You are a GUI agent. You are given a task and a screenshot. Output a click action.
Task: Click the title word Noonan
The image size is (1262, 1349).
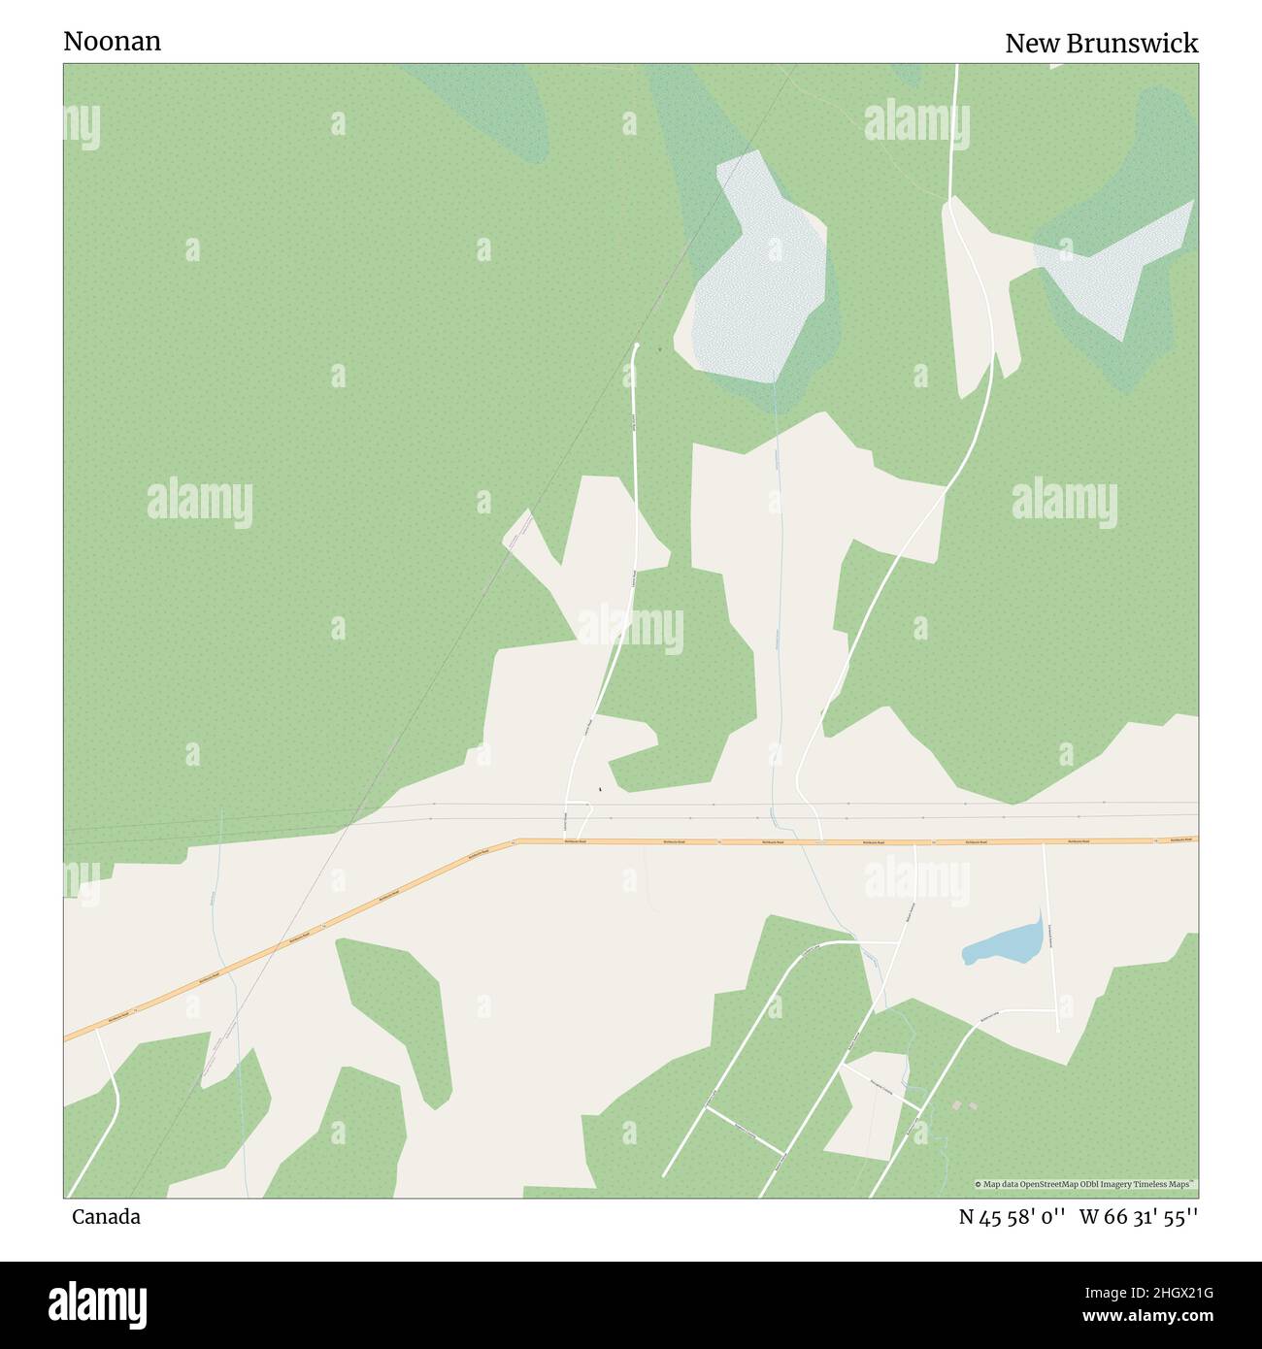112,41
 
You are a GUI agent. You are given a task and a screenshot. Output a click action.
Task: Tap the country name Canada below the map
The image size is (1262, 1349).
105,1217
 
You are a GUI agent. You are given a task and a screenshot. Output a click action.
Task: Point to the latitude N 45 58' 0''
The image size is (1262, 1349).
1013,1217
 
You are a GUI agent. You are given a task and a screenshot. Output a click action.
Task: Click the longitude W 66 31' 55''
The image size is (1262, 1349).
1139,1217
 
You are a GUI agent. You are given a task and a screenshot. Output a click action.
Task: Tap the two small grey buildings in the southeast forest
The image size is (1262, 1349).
964,1105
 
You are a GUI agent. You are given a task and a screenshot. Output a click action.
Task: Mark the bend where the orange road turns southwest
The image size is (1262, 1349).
515,841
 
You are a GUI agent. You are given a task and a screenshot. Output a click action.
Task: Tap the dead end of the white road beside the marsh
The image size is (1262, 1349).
637,345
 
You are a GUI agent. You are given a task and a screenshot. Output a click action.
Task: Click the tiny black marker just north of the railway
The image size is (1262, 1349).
600,789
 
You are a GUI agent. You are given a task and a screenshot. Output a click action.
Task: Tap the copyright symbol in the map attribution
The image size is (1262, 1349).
979,1184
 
